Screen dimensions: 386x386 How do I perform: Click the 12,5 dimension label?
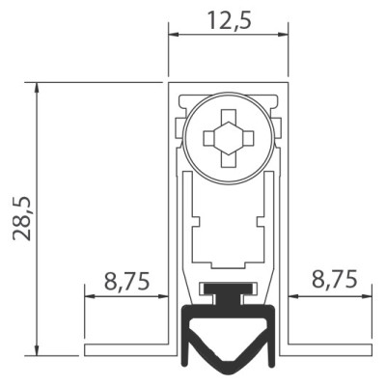229,20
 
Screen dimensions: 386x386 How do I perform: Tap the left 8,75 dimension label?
127,281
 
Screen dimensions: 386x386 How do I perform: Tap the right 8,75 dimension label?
335,279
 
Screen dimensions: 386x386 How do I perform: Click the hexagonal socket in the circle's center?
229,138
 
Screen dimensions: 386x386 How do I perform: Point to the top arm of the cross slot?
229,116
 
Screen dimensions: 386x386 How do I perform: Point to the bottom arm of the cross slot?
229,160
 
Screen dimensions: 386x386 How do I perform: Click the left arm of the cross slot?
209,138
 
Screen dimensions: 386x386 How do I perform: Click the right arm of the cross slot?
248,138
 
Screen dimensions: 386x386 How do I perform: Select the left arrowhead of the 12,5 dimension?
174,34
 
